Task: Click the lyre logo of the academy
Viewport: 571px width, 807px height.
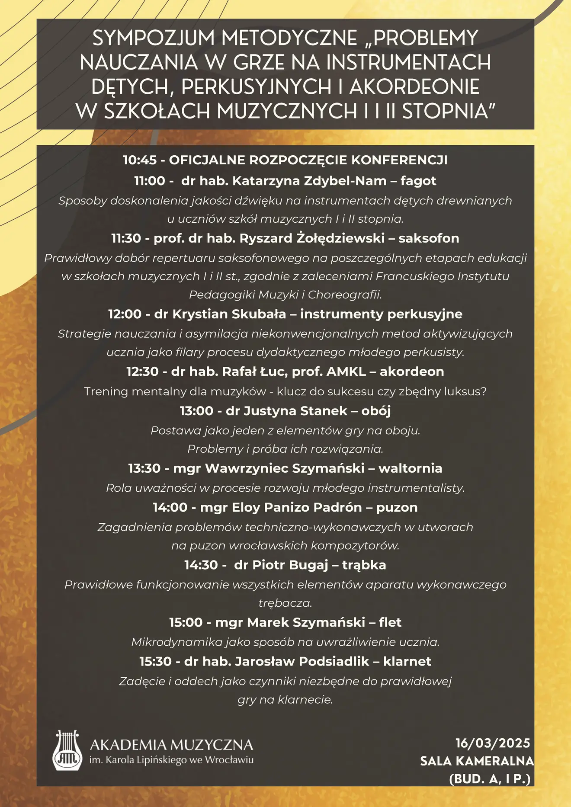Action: [67, 750]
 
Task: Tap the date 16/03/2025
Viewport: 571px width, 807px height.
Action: [493, 743]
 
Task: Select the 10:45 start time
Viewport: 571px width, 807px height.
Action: [140, 160]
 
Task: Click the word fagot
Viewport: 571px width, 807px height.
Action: [418, 181]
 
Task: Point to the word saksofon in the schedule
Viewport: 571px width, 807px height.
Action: [429, 238]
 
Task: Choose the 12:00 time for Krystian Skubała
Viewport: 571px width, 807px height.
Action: [125, 314]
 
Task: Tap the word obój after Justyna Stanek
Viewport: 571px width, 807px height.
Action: [376, 411]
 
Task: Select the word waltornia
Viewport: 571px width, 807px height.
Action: [410, 468]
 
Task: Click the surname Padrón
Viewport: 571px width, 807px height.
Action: [337, 507]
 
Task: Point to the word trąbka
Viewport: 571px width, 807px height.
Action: [364, 565]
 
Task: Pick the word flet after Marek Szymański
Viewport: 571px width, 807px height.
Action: [390, 622]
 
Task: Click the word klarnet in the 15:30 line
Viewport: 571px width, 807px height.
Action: [407, 661]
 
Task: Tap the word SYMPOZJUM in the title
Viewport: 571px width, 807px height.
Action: [154, 38]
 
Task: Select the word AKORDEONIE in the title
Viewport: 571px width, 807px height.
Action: [414, 86]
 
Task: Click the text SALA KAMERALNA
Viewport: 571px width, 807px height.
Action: [477, 761]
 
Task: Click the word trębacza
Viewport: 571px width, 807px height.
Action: [285, 603]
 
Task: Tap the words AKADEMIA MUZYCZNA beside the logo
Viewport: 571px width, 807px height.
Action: [171, 745]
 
